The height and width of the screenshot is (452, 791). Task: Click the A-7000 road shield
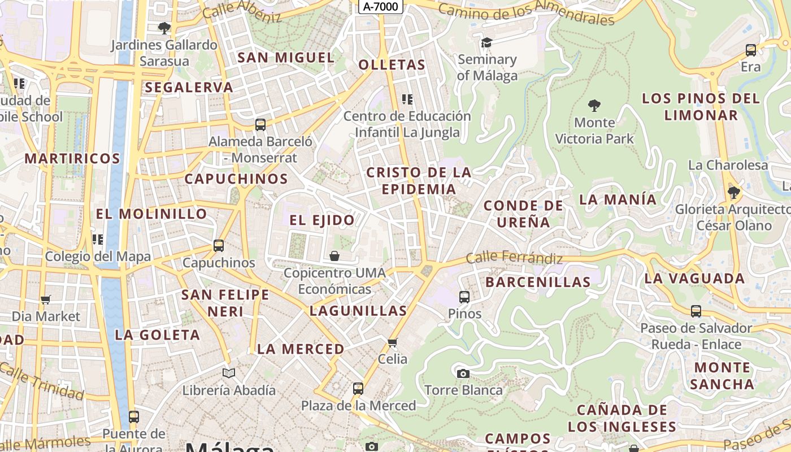point(381,7)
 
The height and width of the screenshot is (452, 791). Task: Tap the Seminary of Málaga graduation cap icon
point(486,43)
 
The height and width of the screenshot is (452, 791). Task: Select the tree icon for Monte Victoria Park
point(594,105)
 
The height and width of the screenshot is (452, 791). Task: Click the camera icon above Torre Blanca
point(463,373)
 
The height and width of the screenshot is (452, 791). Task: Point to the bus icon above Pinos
point(464,297)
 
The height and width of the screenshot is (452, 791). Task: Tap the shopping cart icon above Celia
point(393,342)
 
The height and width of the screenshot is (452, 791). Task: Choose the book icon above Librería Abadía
point(228,373)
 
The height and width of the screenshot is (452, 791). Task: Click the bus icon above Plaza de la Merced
point(358,389)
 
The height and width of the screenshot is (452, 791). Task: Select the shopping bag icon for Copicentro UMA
point(334,257)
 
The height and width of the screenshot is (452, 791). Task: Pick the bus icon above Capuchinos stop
point(219,246)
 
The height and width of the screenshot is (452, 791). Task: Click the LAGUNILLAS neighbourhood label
point(358,310)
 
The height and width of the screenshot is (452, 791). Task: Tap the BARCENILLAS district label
point(538,281)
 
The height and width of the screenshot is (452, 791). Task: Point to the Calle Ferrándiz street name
point(514,259)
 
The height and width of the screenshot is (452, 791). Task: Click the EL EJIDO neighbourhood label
point(322,220)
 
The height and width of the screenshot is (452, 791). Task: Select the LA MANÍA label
point(618,199)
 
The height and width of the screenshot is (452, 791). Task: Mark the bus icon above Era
point(751,50)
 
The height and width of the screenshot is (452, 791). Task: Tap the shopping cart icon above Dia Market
point(46,299)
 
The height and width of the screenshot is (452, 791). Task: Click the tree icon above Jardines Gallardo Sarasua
point(164,28)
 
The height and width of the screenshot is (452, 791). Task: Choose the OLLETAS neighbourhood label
point(392,65)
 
